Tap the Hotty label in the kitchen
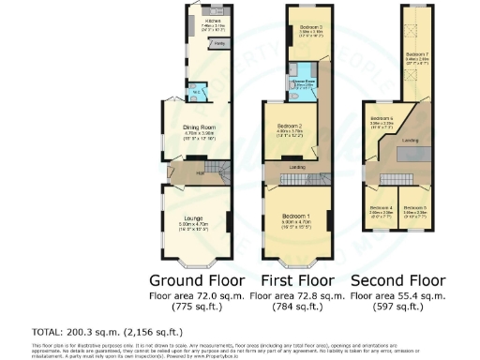(x=218, y=44)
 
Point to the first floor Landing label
(x=296, y=168)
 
